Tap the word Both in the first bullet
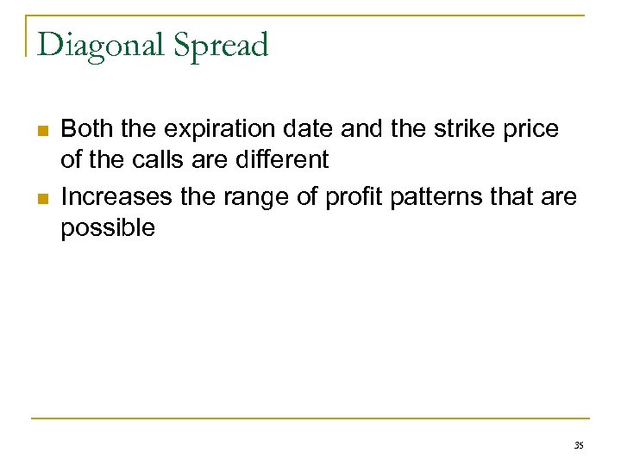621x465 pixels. (87, 129)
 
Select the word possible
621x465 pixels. (108, 229)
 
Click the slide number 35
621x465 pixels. (578, 445)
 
